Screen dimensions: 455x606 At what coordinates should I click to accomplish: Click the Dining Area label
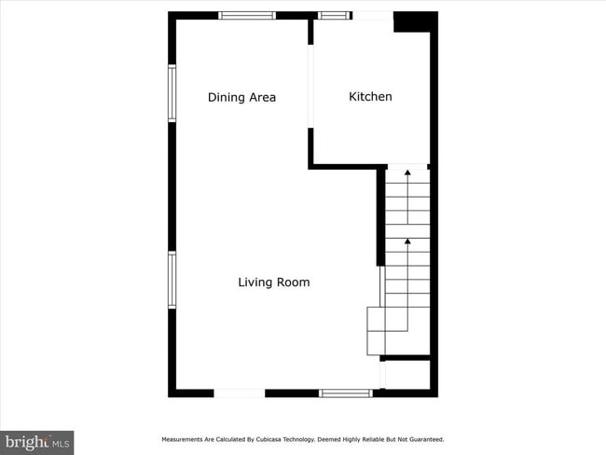click(241, 97)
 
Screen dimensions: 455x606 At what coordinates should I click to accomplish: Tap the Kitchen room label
click(370, 96)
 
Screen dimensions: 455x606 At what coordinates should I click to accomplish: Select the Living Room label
click(273, 282)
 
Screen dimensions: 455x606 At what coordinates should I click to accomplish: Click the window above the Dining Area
click(247, 15)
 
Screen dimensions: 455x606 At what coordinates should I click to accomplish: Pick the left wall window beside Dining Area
click(172, 92)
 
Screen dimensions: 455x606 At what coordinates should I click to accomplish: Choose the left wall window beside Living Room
click(172, 280)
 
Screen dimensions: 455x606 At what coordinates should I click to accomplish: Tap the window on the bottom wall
click(346, 393)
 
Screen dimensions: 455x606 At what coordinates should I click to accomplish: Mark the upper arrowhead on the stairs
click(407, 173)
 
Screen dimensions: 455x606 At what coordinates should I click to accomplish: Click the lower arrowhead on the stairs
click(407, 241)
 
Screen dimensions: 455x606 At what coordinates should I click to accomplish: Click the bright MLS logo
click(37, 441)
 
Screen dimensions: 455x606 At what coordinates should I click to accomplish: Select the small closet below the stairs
click(407, 374)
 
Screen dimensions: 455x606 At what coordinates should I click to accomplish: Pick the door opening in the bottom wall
click(240, 393)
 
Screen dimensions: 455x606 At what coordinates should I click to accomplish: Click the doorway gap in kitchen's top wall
click(373, 15)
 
